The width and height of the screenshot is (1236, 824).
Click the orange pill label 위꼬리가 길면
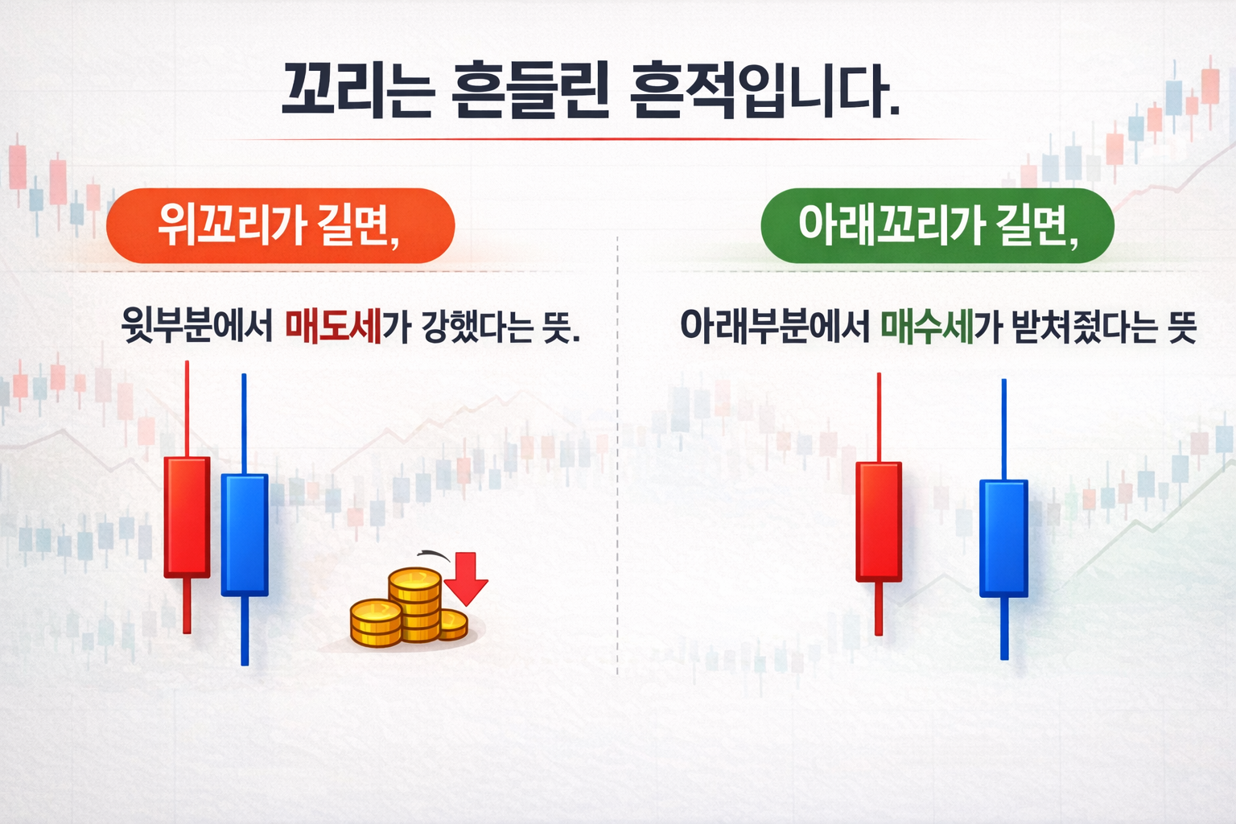coord(280,225)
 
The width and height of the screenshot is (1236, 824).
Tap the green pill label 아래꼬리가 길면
coord(937,225)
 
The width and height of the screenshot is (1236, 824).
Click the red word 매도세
coord(333,326)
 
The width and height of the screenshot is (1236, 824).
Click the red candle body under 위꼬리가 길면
coord(187,517)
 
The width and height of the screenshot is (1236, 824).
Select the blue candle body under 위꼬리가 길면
coord(245,534)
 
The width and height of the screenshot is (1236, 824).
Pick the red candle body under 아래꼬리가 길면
coord(879,521)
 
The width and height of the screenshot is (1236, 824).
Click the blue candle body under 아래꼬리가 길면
coord(1003,538)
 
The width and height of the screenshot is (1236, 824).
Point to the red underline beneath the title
coord(595,140)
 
